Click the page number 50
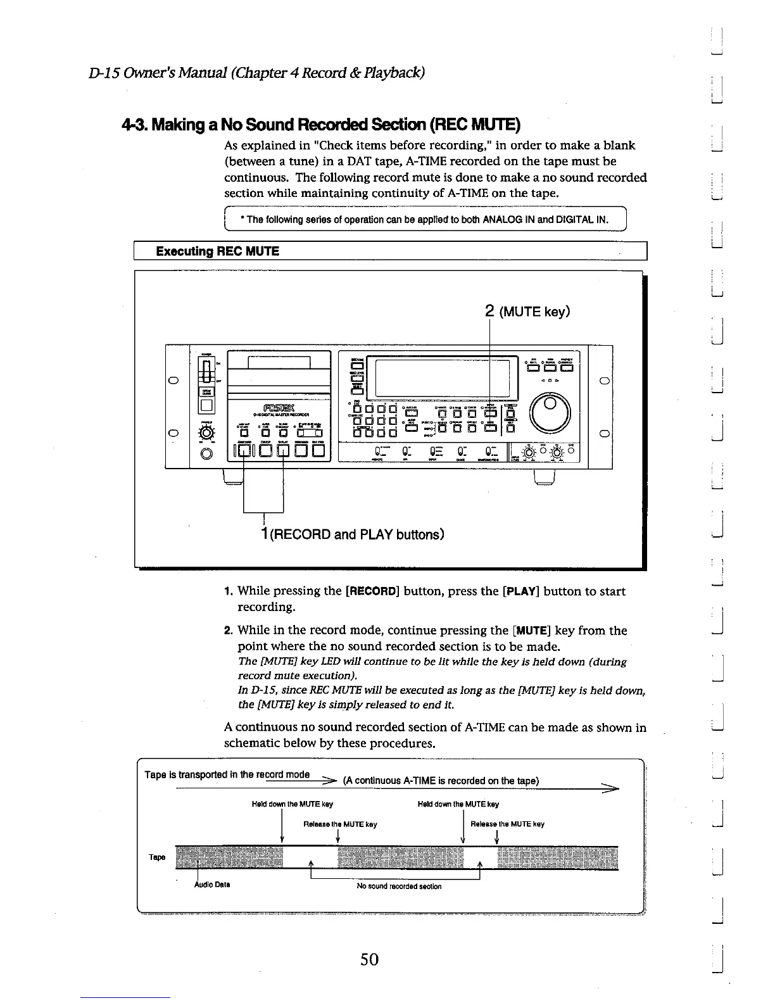point(369,959)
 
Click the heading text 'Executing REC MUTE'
point(217,251)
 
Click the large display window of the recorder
point(442,378)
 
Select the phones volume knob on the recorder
point(206,434)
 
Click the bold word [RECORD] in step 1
point(372,591)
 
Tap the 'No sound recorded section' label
point(399,886)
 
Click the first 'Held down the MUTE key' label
point(292,804)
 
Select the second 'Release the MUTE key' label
point(507,824)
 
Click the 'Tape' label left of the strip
point(156,857)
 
